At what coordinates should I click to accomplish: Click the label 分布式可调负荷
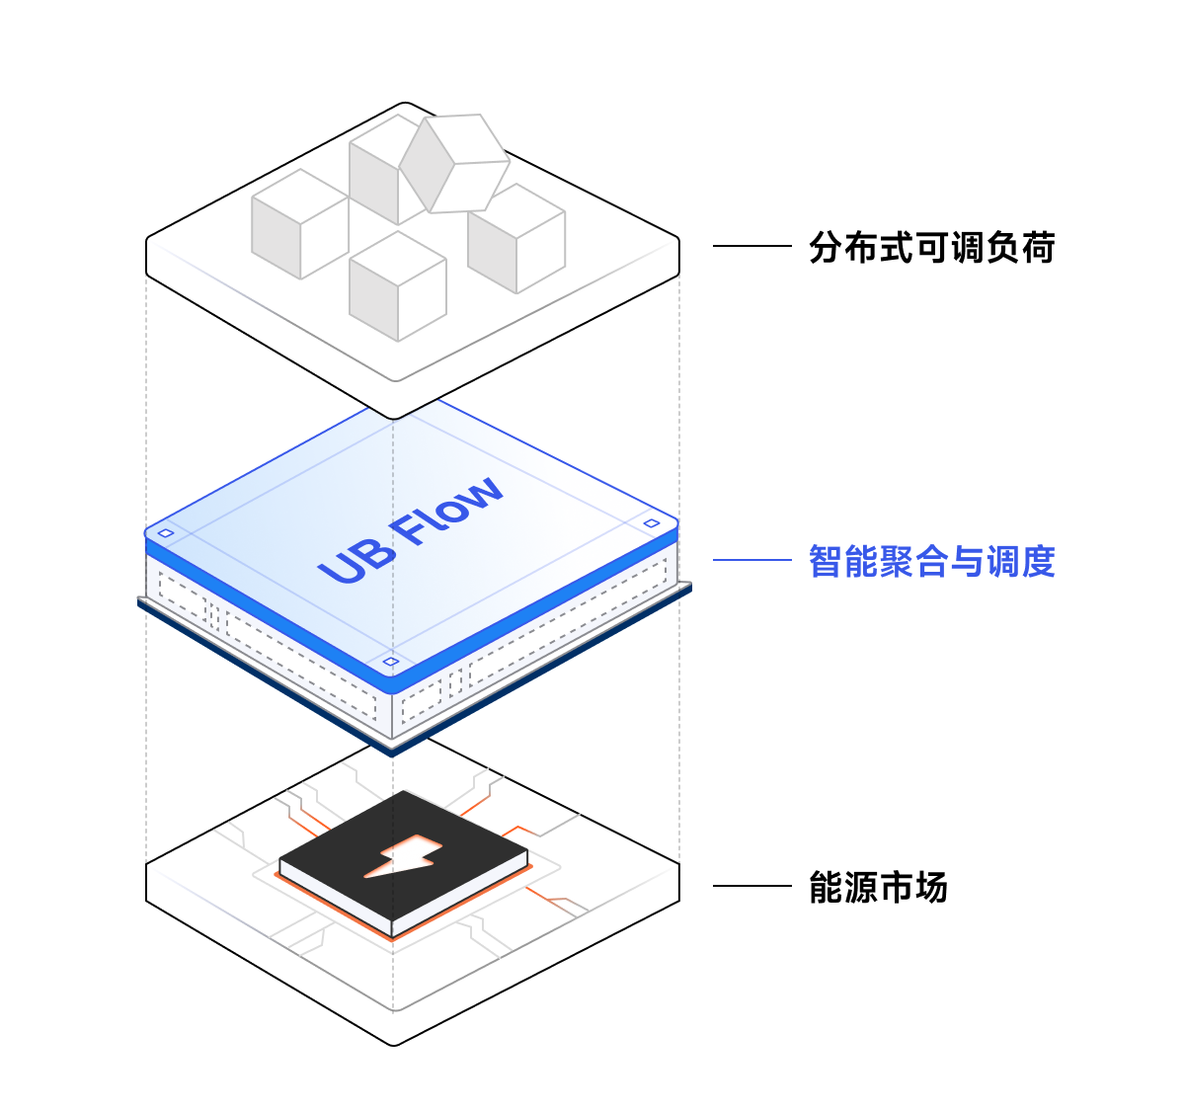[931, 247]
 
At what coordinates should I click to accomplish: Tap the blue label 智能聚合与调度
[931, 561]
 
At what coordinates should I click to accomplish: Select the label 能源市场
[878, 887]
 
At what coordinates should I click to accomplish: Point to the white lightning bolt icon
[402, 857]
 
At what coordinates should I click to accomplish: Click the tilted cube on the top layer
[454, 164]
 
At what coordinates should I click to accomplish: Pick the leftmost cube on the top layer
[300, 224]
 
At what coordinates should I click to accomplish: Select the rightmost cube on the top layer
[516, 238]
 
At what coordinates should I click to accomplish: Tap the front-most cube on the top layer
[398, 286]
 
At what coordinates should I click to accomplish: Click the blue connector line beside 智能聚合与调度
[751, 560]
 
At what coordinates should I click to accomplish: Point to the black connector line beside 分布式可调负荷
[751, 246]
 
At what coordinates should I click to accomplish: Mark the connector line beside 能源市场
[751, 886]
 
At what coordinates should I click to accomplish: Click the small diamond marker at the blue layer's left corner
[166, 533]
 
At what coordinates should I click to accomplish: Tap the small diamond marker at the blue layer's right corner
[652, 523]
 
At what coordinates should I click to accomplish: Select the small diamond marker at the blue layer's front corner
[391, 662]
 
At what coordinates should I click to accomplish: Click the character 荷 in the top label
[1038, 247]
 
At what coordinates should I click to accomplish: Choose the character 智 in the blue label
[827, 561]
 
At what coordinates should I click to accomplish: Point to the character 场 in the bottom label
[931, 887]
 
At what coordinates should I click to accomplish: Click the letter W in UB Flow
[482, 494]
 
